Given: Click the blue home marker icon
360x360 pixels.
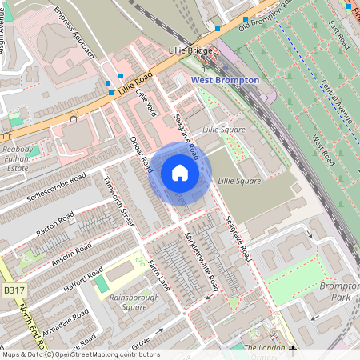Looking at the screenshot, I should pos(180,173).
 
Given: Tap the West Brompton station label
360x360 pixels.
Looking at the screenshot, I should pos(225,80).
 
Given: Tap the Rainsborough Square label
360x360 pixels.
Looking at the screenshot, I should pos(128,302).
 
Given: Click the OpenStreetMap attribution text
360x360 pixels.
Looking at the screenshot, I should pos(80,354).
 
